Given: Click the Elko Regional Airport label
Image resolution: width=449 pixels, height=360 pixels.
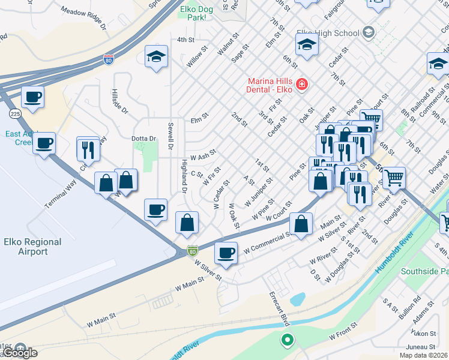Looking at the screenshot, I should tap(32, 247).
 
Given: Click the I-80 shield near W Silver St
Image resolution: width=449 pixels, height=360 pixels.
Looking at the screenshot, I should tap(192, 250).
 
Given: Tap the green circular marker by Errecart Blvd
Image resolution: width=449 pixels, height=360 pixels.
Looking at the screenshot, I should tap(288, 340).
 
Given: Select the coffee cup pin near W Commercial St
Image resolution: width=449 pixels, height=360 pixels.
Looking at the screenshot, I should tap(226, 253).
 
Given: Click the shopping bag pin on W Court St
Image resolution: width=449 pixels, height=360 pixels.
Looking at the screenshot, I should tap(301, 224).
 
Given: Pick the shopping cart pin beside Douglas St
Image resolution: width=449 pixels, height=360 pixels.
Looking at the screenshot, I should tap(394, 177).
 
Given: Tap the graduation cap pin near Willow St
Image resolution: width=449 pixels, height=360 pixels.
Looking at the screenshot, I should tap(156, 57).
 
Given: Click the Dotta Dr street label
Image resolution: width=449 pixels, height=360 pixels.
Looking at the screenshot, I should tap(143, 139).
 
